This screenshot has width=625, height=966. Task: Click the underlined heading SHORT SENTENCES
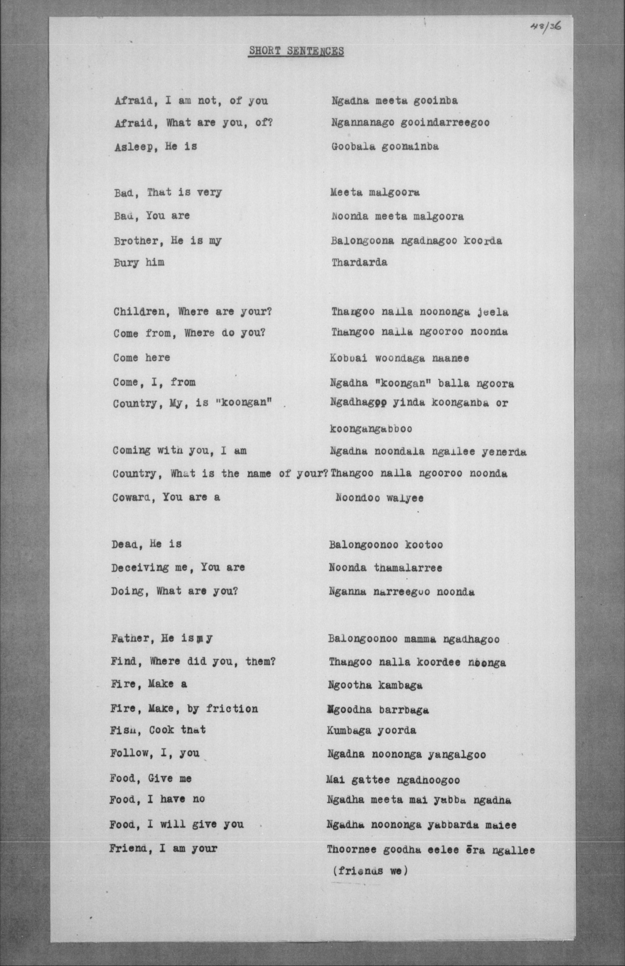pos(296,51)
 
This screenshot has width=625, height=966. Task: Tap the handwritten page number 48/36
pos(545,26)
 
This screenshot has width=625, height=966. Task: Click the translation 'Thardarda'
pos(359,262)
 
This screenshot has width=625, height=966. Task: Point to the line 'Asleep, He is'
pos(156,146)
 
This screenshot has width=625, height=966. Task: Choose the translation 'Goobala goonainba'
pos(385,146)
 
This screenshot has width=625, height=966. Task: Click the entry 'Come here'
pos(141,358)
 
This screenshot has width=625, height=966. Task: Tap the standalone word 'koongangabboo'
pos(371,429)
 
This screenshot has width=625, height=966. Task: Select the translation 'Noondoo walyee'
pos(379,498)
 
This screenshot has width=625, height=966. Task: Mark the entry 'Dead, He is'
pos(146,544)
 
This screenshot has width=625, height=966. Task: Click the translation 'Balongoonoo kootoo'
pos(386,544)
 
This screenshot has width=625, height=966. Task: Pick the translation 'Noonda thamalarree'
pos(385,568)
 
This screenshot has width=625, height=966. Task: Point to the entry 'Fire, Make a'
pos(148,684)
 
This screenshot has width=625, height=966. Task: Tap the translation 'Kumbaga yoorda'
pos(371,731)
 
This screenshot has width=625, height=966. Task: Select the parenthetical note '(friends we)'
pos(370,871)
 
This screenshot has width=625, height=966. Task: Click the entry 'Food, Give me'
pos(150,779)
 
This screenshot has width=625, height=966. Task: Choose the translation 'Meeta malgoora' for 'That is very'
pos(375,192)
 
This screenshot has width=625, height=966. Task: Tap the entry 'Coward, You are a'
pos(166,497)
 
